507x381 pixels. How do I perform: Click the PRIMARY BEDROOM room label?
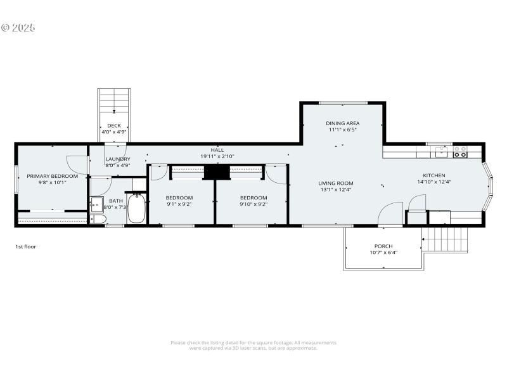52,176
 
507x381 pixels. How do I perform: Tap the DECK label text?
114,126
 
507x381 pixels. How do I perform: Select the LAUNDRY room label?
118,159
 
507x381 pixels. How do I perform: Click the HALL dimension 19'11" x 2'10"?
217,156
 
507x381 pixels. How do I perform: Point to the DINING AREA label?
343,123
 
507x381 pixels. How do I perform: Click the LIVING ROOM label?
336,183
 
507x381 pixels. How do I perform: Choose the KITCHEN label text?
434,175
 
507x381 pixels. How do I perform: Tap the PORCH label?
383,246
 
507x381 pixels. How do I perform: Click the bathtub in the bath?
137,210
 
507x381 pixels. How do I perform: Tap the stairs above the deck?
115,102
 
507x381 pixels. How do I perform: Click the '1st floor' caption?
25,246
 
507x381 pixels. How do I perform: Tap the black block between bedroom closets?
215,173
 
